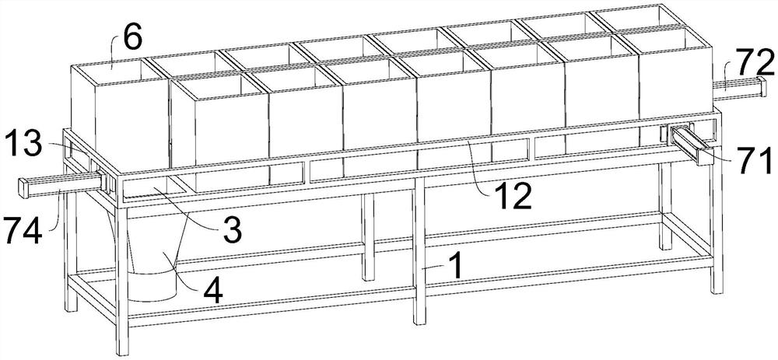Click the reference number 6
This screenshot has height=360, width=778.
click(132, 39)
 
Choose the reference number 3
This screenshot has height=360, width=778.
click(232, 231)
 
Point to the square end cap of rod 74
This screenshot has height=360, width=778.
click(23, 187)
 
